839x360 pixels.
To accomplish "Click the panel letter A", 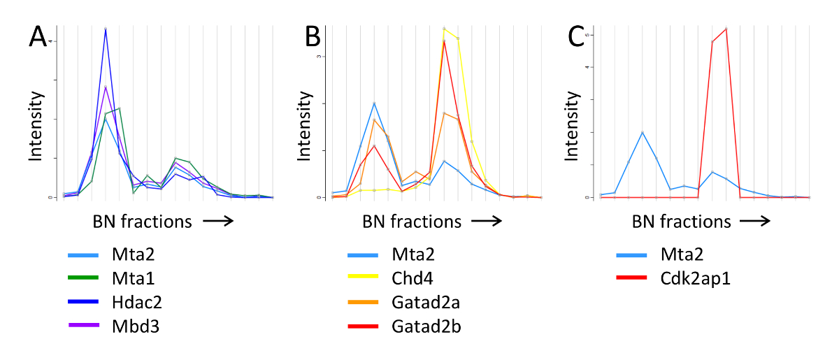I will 38,36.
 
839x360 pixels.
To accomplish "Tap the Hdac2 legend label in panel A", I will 131,303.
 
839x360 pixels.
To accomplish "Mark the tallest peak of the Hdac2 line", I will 106,29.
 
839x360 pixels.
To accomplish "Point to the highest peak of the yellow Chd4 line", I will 444,29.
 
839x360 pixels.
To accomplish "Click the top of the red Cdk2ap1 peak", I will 726,29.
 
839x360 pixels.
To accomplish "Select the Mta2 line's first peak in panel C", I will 643,132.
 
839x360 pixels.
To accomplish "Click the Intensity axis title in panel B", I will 306,128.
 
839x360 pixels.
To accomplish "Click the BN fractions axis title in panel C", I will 681,222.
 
